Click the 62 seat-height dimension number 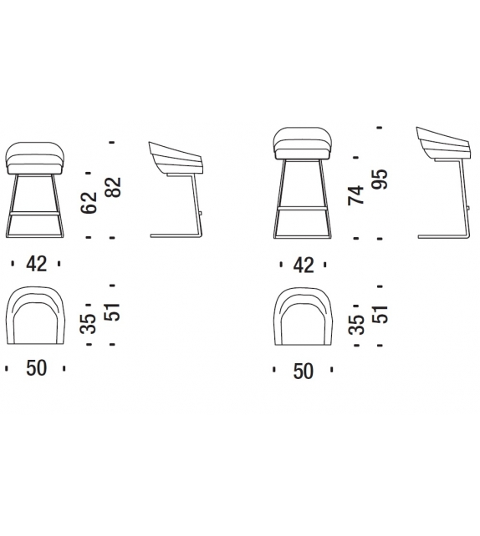click(x=90, y=201)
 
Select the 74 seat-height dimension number click(x=358, y=195)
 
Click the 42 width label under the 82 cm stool click(x=36, y=265)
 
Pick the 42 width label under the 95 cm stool click(x=304, y=265)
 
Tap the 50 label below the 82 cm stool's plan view click(x=36, y=368)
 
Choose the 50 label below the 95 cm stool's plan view click(x=304, y=370)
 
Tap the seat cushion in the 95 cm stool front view click(x=304, y=143)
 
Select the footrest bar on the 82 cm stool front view click(x=37, y=213)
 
